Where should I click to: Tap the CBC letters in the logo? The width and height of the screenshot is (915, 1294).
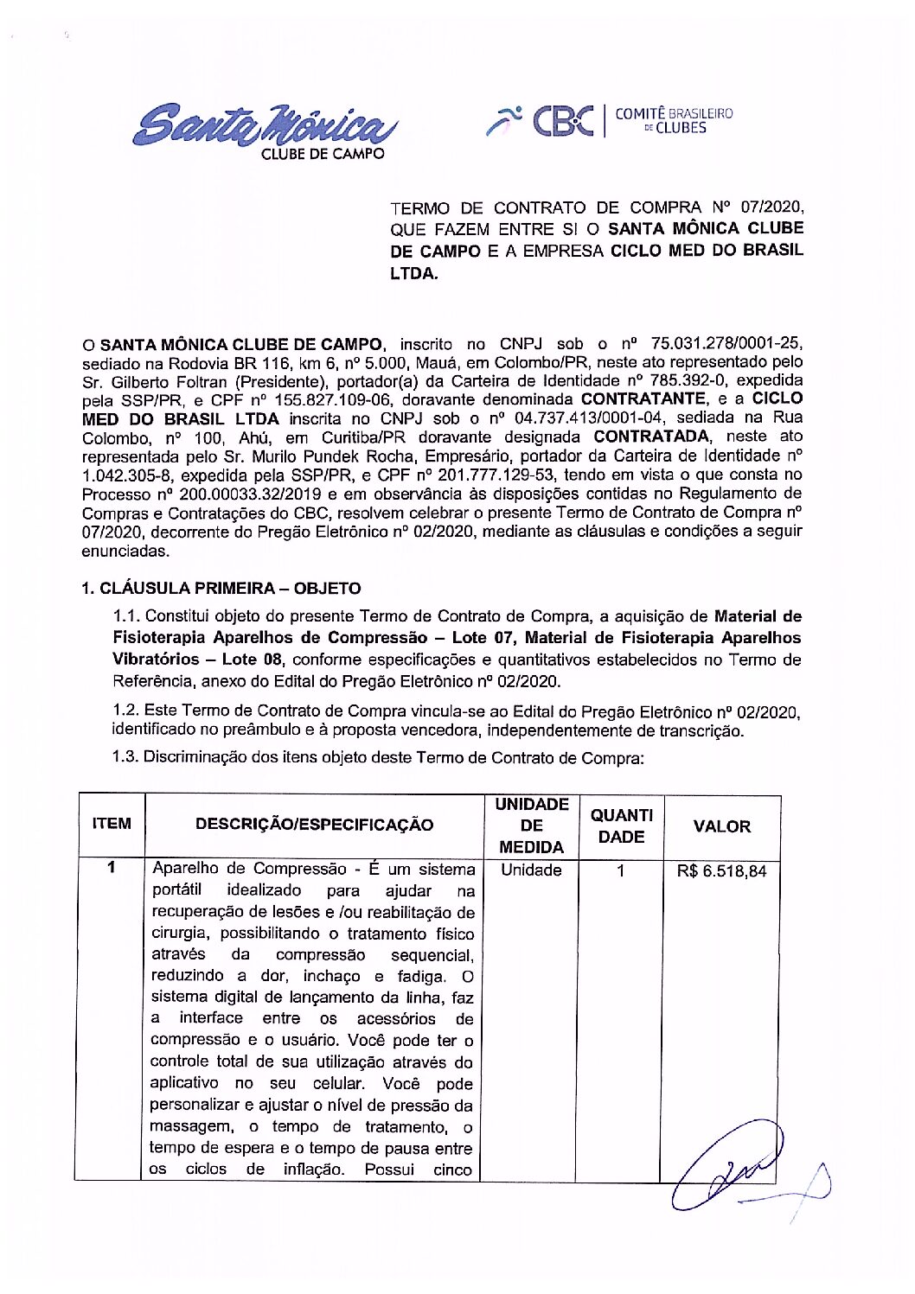pyautogui.click(x=563, y=121)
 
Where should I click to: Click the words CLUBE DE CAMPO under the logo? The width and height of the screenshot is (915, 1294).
pyautogui.click(x=323, y=154)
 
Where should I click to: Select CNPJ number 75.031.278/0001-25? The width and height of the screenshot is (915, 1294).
pyautogui.click(x=726, y=343)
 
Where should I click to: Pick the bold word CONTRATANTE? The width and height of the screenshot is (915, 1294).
pyautogui.click(x=643, y=399)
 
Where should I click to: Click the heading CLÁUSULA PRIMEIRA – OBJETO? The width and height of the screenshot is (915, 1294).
pyautogui.click(x=221, y=589)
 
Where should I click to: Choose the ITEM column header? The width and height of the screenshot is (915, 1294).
pyautogui.click(x=112, y=824)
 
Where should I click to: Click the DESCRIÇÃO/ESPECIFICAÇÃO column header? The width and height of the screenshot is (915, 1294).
pyautogui.click(x=314, y=825)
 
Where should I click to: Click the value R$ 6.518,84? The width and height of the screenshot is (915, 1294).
pyautogui.click(x=721, y=871)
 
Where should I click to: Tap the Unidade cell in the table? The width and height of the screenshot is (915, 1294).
pyautogui.click(x=531, y=870)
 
